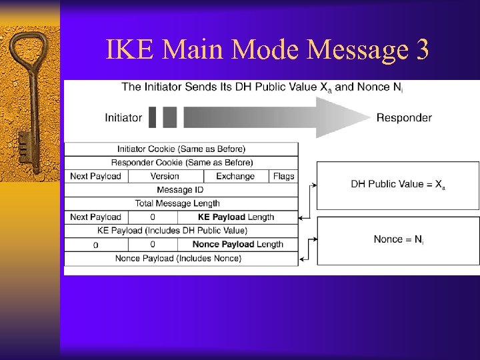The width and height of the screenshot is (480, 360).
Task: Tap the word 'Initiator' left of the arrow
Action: pyautogui.click(x=123, y=118)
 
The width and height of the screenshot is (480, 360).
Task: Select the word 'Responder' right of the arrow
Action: pyautogui.click(x=404, y=118)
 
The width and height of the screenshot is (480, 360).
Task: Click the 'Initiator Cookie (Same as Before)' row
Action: pyautogui.click(x=181, y=149)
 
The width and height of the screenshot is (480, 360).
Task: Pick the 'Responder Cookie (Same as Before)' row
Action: pyautogui.click(x=181, y=163)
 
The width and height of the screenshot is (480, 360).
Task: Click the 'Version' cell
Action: pyautogui.click(x=165, y=176)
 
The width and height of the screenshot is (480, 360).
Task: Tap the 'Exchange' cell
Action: pyautogui.click(x=235, y=176)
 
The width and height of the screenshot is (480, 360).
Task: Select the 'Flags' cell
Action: pyautogui.click(x=283, y=176)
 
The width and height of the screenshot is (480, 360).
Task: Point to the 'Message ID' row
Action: pyautogui.click(x=181, y=190)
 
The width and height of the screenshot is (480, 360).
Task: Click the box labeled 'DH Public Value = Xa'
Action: pyautogui.click(x=397, y=185)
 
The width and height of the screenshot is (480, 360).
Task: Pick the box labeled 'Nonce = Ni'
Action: pyautogui.click(x=397, y=239)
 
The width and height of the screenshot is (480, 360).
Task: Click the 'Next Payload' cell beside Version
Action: pyautogui.click(x=95, y=176)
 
